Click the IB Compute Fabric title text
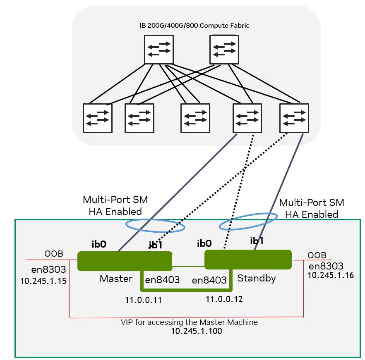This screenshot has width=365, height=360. [x=195, y=26]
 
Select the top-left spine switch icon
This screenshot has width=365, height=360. [x=158, y=49]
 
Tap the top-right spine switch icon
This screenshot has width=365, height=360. [x=224, y=49]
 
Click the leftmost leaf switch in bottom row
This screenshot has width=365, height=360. [x=98, y=118]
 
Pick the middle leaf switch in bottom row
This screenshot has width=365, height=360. [x=195, y=118]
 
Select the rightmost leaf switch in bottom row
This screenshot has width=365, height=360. [x=294, y=117]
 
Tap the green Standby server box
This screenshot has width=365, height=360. [x=248, y=260]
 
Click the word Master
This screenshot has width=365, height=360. [x=116, y=279]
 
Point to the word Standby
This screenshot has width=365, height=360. [x=257, y=278]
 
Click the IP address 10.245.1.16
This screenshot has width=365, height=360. [x=331, y=275]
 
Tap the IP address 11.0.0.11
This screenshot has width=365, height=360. [x=143, y=300]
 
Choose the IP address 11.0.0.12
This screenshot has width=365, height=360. [x=224, y=299]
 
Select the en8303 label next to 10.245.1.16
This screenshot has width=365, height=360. [x=326, y=266]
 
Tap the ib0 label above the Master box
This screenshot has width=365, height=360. [x=99, y=244]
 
